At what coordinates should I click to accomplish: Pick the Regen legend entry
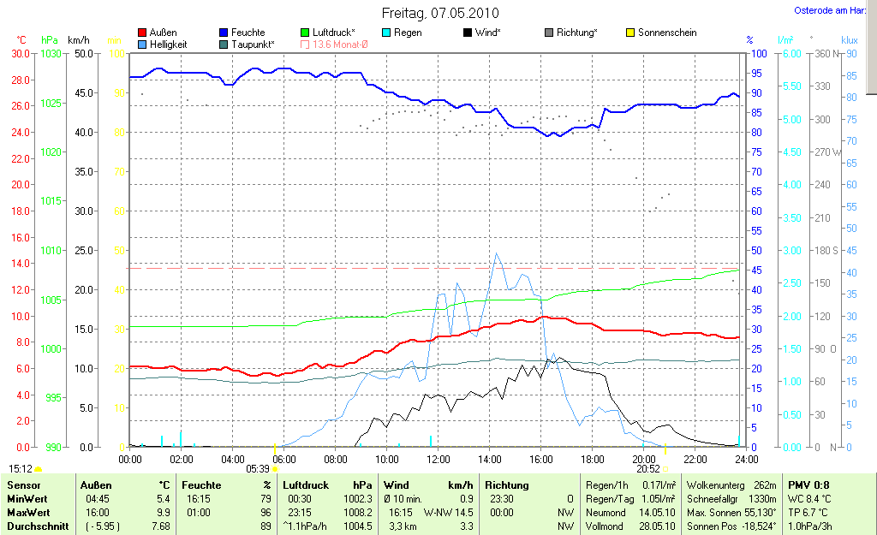pos(407,33)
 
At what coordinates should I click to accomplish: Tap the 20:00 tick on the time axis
pos(643,459)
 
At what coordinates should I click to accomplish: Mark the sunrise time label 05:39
pos(258,469)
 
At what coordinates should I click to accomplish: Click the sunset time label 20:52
pos(647,469)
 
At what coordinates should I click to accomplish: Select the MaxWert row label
pos(27,512)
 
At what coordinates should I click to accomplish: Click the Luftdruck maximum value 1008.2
pos(358,512)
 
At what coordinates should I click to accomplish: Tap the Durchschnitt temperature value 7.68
pos(160,526)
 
